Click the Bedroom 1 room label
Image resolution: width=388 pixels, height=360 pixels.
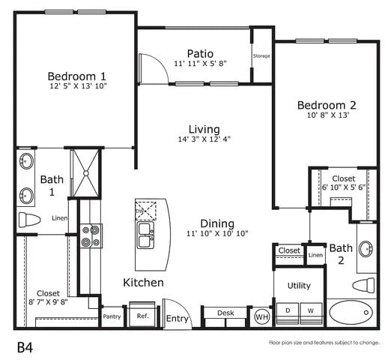coord(76,76)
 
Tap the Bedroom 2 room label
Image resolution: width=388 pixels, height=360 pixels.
coord(326,104)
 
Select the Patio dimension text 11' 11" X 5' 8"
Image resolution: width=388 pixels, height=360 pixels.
coord(200,64)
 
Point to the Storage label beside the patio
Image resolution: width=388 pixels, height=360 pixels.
coord(261,56)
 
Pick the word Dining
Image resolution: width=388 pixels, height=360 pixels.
coord(216,223)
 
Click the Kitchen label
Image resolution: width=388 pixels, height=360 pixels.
coord(143,282)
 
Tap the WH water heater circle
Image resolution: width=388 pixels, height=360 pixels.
coord(262,316)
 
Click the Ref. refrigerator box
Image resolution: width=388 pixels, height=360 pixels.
coord(142,316)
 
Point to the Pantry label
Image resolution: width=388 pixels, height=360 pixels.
coord(112,316)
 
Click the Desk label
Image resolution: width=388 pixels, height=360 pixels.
coord(225,313)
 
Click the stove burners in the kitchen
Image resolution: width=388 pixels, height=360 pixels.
coord(91,236)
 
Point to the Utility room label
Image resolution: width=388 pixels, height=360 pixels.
coord(299,286)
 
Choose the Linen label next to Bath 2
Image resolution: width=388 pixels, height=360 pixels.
coord(315,256)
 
